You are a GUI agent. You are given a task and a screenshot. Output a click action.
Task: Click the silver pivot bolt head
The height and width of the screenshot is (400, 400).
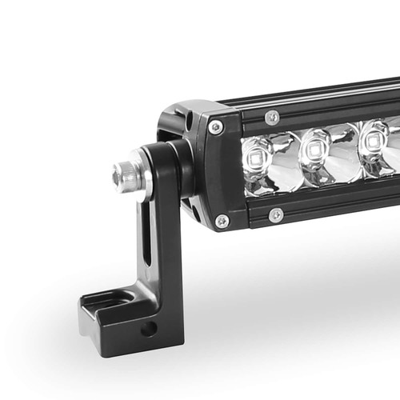pos(126,174)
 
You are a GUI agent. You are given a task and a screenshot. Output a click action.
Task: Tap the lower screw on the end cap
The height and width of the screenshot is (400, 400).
pos(222,221)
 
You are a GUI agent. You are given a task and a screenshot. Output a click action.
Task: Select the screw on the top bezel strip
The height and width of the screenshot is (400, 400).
pos(272,117)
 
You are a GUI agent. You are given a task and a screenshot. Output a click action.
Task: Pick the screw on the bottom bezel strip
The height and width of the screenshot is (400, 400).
pos(275,214)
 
